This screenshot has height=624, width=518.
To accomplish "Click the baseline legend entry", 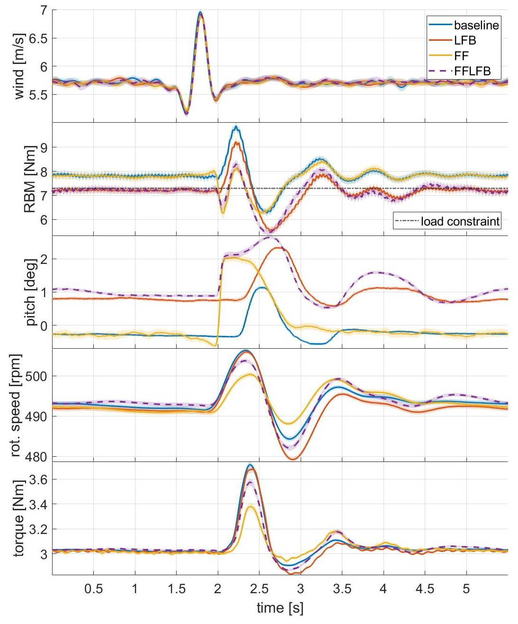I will click(476, 25).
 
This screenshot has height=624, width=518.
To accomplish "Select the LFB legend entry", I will click(464, 40).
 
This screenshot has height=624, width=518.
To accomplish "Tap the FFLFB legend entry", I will click(472, 72).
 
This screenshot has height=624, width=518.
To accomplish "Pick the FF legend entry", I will click(461, 56).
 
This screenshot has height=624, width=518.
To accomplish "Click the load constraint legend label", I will click(460, 221).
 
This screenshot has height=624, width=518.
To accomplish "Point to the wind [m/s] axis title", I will click(19, 67).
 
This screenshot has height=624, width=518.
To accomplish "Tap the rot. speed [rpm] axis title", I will click(15, 405).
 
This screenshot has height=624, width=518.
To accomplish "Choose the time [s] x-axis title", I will click(280, 608).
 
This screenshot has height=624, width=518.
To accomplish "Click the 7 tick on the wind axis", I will click(44, 10).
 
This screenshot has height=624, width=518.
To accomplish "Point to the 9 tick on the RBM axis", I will click(44, 147).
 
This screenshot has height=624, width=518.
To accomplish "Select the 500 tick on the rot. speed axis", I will click(37, 376).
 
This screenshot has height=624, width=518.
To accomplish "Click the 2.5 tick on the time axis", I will click(259, 589).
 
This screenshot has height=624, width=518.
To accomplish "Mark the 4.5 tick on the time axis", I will click(425, 589).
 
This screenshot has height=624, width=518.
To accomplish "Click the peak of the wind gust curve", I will click(200, 13).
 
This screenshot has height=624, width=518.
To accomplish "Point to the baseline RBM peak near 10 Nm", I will click(236, 127).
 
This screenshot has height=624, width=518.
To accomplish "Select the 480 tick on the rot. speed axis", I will click(37, 457).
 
